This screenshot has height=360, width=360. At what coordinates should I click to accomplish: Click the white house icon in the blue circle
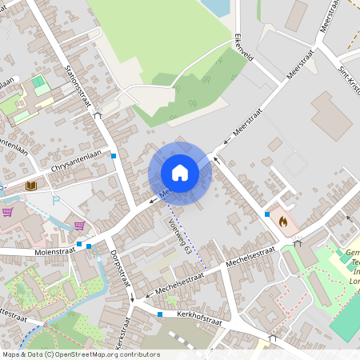(x=180, y=172)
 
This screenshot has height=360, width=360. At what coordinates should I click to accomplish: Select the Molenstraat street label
(x=54, y=250)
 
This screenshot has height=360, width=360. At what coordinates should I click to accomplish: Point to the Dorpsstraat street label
(x=118, y=271)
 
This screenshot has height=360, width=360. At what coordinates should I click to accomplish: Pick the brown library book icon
(x=31, y=186)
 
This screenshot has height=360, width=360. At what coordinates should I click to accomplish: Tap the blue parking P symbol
(x=55, y=201)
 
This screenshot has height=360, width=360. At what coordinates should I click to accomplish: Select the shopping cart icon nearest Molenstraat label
(x=79, y=226)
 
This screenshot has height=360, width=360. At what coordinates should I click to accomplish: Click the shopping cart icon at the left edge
(x=8, y=212)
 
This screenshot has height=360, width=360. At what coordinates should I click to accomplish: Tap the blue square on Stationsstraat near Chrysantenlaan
(x=114, y=155)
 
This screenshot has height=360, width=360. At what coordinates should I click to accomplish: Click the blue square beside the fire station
(x=266, y=214)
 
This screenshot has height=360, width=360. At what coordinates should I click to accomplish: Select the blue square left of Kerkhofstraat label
(x=161, y=314)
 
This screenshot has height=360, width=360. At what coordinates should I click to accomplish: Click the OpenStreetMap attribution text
(x=81, y=354)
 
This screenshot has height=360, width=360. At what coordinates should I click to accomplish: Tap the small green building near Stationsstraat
(x=38, y=82)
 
